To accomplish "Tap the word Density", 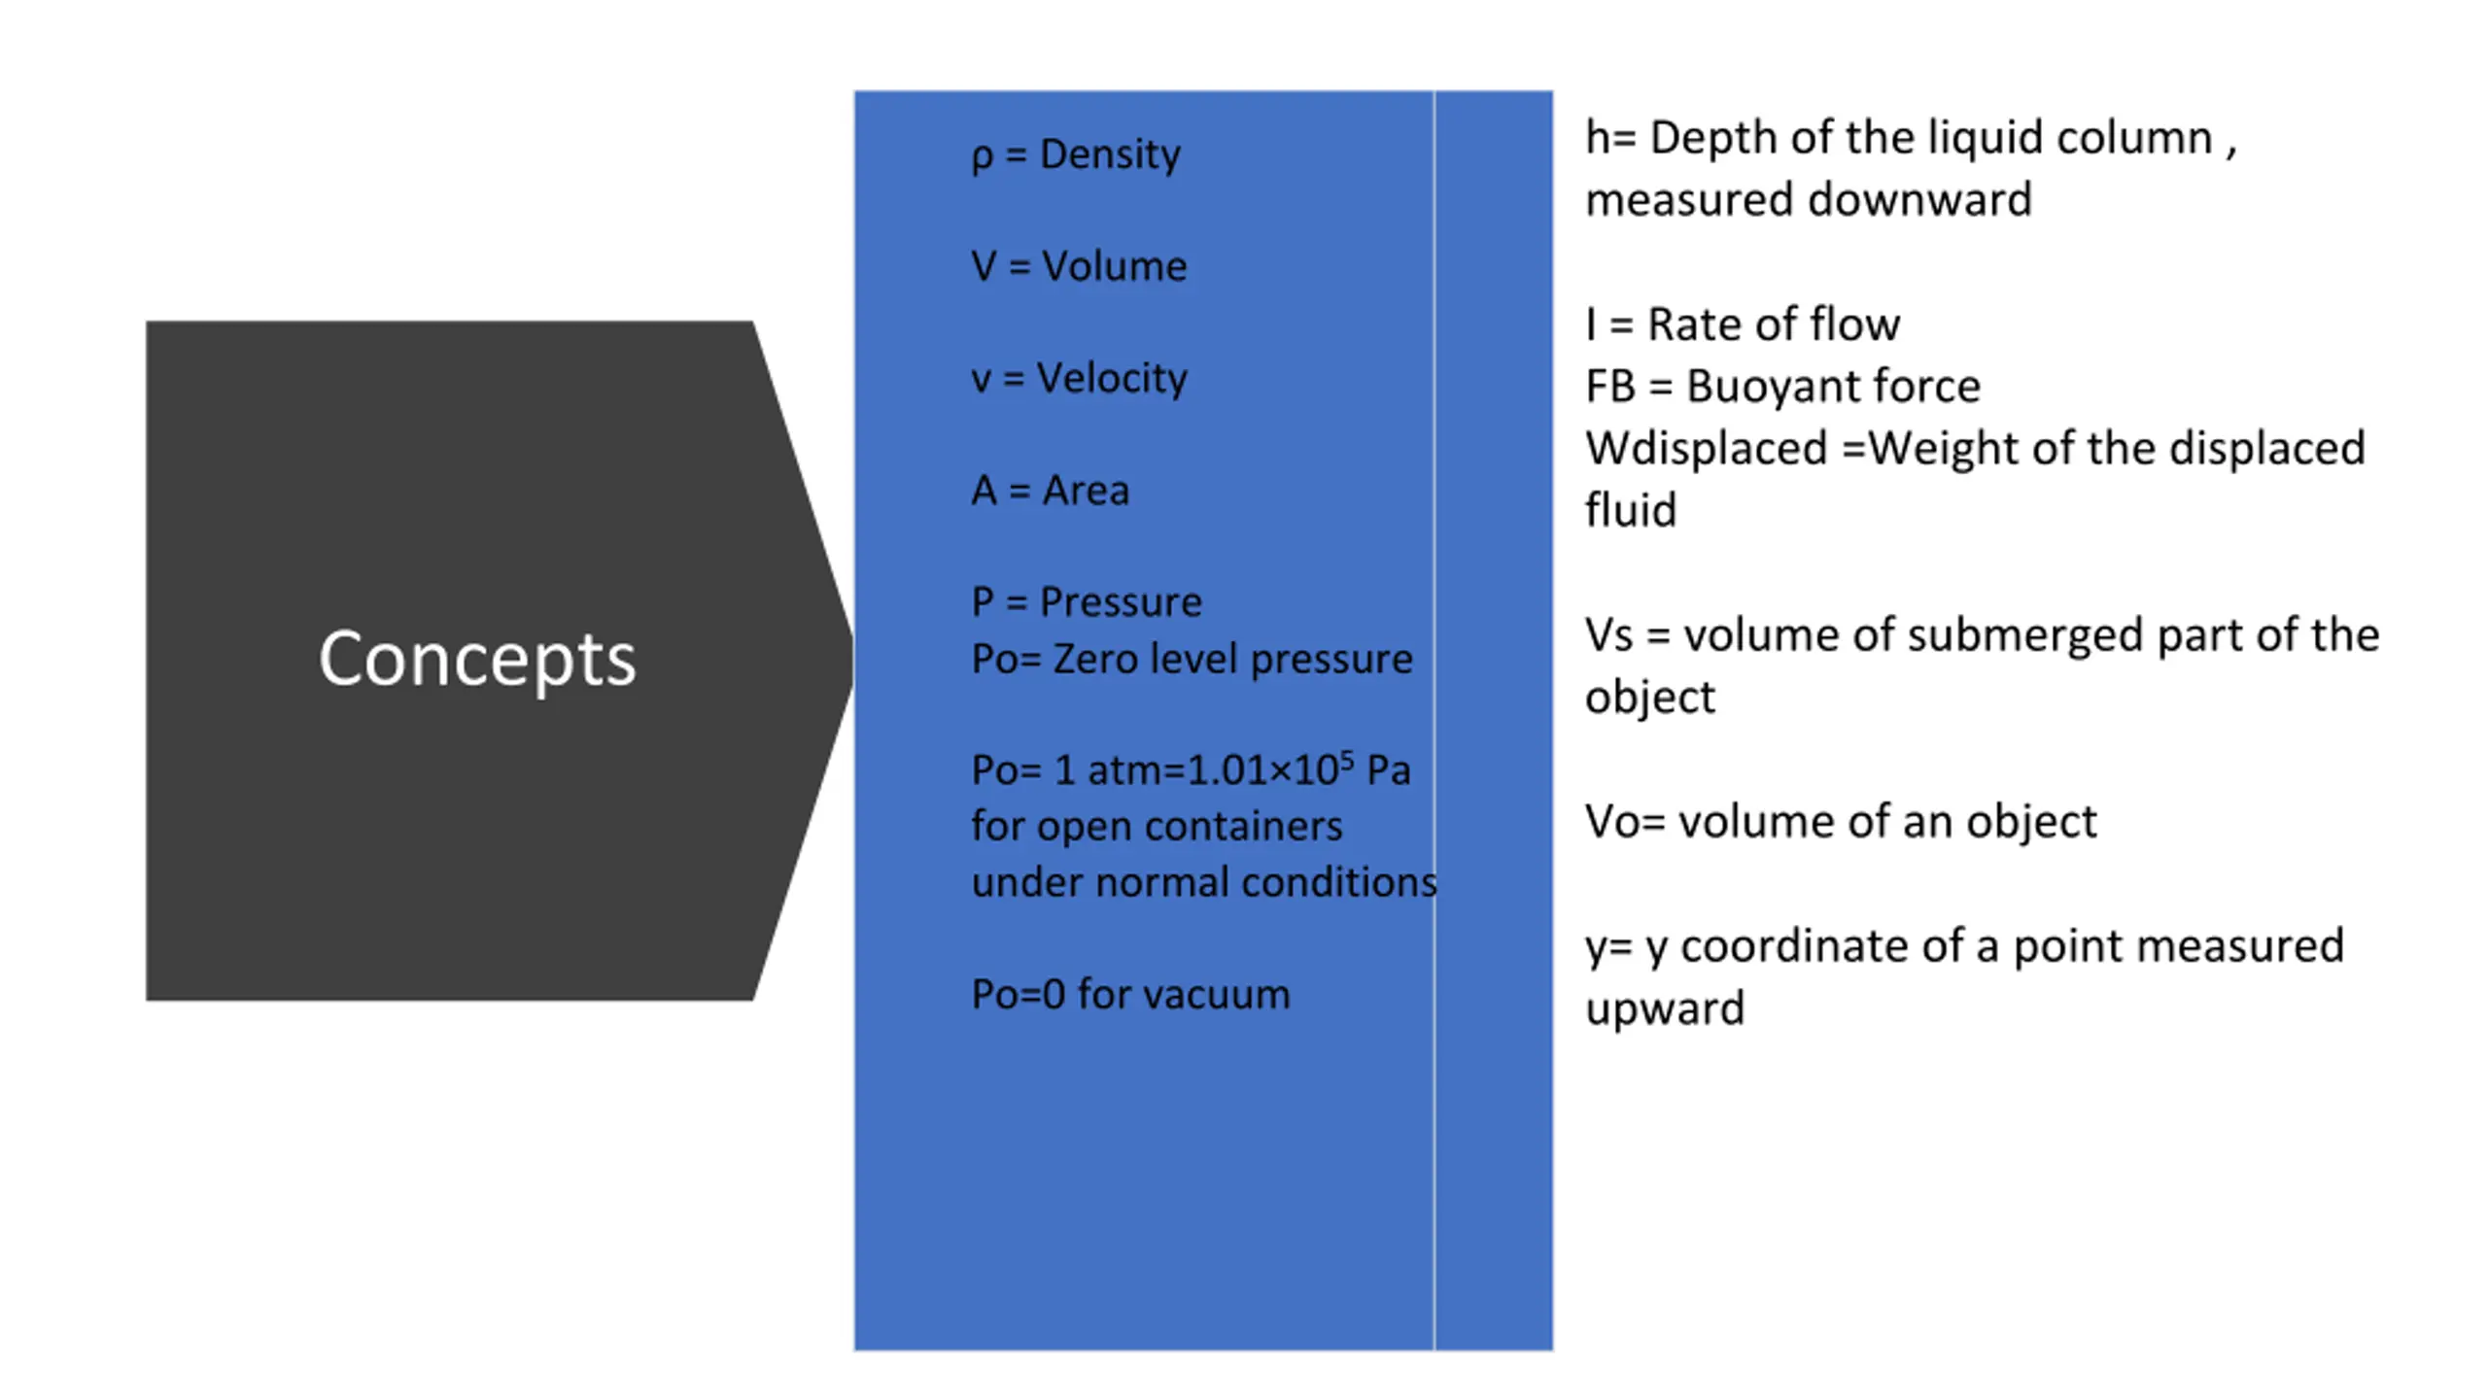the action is click(1110, 155).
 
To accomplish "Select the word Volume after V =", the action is click(1114, 266).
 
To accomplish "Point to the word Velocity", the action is click(1112, 379).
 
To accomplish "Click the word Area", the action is click(1086, 491).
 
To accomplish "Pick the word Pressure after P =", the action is click(1121, 602).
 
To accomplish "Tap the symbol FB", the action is click(1610, 387).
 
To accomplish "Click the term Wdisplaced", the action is click(1707, 449).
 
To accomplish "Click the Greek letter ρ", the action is click(982, 157).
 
